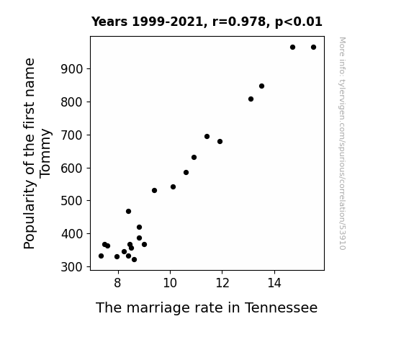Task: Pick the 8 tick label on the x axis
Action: pyautogui.click(x=118, y=283)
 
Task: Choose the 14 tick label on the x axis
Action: pyautogui.click(x=274, y=283)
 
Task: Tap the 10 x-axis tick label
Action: pyautogui.click(x=170, y=283)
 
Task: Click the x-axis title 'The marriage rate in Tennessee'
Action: pyautogui.click(x=207, y=307)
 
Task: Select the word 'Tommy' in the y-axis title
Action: pyautogui.click(x=45, y=153)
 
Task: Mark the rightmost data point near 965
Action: pyautogui.click(x=313, y=48)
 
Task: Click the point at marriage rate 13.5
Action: pyautogui.click(x=261, y=86)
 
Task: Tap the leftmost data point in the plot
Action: pyautogui.click(x=101, y=256)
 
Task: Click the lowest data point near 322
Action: pyautogui.click(x=134, y=260)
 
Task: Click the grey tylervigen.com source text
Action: pyautogui.click(x=342, y=143)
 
